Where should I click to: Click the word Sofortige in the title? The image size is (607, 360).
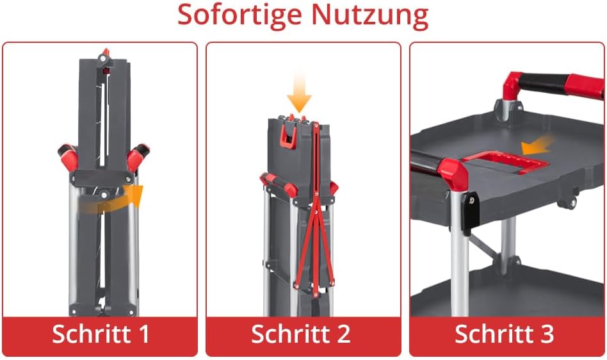click(x=239, y=15)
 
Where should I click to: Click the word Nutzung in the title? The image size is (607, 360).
click(x=369, y=15)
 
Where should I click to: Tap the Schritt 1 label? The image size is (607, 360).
click(x=101, y=334)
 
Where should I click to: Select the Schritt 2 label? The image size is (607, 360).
click(x=300, y=334)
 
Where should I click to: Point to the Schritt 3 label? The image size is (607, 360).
click(x=505, y=334)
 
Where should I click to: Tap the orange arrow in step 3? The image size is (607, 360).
click(x=538, y=145)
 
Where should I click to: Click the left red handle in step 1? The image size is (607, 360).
click(x=68, y=157)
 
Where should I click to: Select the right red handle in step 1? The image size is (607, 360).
click(x=138, y=156)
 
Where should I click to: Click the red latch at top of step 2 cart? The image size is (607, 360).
click(x=289, y=133)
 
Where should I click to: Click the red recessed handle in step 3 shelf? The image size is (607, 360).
click(x=505, y=162)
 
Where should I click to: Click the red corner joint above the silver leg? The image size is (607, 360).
click(x=453, y=174)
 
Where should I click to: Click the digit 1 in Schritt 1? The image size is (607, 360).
click(x=145, y=334)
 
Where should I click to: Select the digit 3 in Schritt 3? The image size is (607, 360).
click(x=547, y=334)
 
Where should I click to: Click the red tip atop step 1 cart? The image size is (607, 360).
click(x=105, y=53)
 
